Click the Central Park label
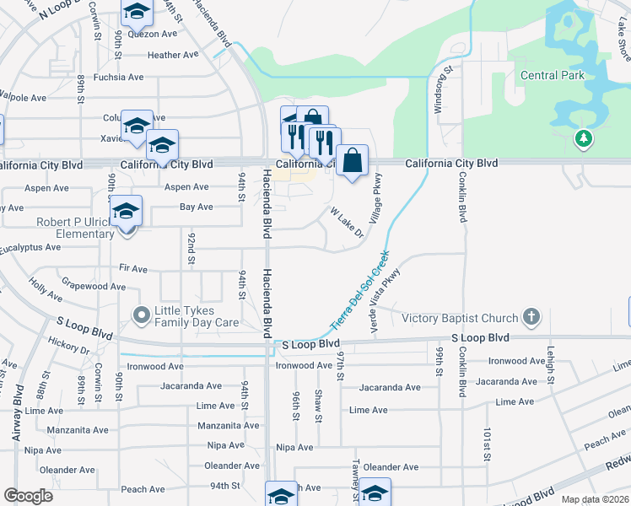(x=553, y=76)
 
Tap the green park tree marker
(x=582, y=138)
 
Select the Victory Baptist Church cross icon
(x=531, y=317)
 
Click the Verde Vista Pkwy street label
(x=383, y=299)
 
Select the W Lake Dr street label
(x=346, y=222)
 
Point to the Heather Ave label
(x=173, y=56)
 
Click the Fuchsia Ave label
(x=118, y=77)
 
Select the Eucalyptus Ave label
(x=30, y=248)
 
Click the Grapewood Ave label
(x=94, y=287)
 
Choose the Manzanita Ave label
(x=78, y=429)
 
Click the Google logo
(x=28, y=496)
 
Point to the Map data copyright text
(x=594, y=499)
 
